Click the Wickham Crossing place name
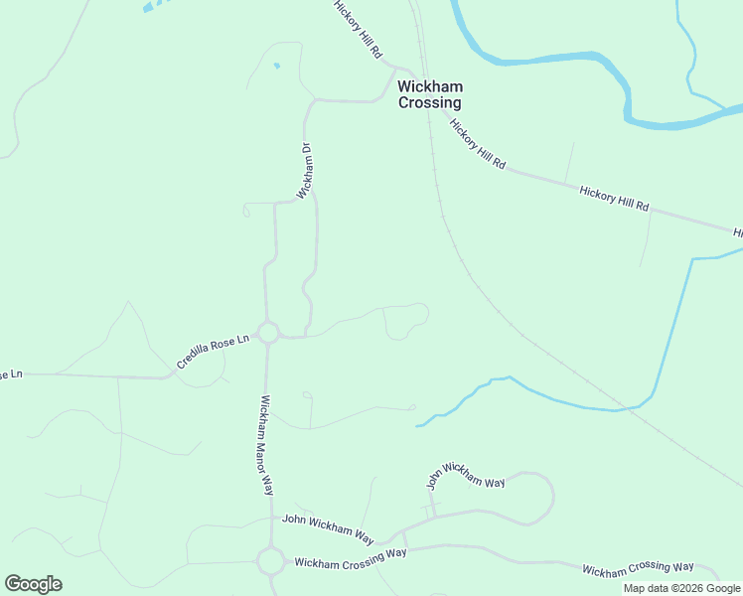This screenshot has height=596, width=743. (429, 94)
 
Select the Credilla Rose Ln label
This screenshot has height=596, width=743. (213, 353)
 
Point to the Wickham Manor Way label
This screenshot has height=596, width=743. (266, 445)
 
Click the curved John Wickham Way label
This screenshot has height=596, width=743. (466, 480)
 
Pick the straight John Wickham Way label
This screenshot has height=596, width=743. (328, 528)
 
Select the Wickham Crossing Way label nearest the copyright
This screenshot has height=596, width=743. (638, 568)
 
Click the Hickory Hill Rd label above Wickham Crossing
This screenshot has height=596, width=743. (358, 31)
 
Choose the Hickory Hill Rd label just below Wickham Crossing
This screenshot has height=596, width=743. (478, 144)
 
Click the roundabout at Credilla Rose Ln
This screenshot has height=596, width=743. (267, 332)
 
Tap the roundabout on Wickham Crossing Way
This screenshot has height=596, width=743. (270, 561)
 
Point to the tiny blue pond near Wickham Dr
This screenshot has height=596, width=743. (276, 67)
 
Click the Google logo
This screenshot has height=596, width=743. (33, 584)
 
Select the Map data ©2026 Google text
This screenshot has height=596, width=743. (681, 588)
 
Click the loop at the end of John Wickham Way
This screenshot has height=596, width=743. (534, 497)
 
